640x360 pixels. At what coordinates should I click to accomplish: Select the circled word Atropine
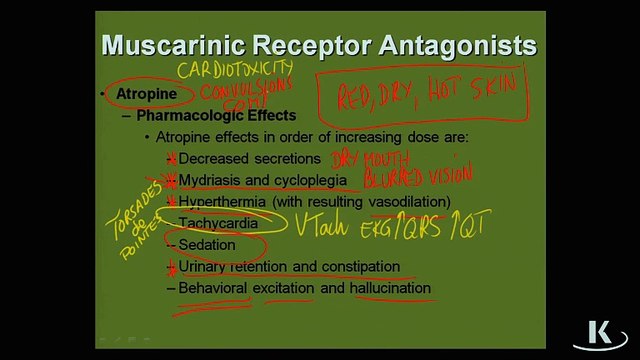(x=146, y=94)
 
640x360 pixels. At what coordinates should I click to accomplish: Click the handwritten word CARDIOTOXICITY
(x=235, y=71)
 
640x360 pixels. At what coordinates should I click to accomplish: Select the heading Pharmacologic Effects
(x=216, y=115)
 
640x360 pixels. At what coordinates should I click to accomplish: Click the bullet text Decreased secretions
(x=249, y=158)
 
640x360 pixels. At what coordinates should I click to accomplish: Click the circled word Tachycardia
(x=218, y=223)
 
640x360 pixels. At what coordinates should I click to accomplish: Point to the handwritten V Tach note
(x=320, y=224)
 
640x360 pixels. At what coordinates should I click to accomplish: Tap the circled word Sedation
(x=207, y=245)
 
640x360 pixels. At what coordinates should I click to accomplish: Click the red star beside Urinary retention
(x=171, y=267)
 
